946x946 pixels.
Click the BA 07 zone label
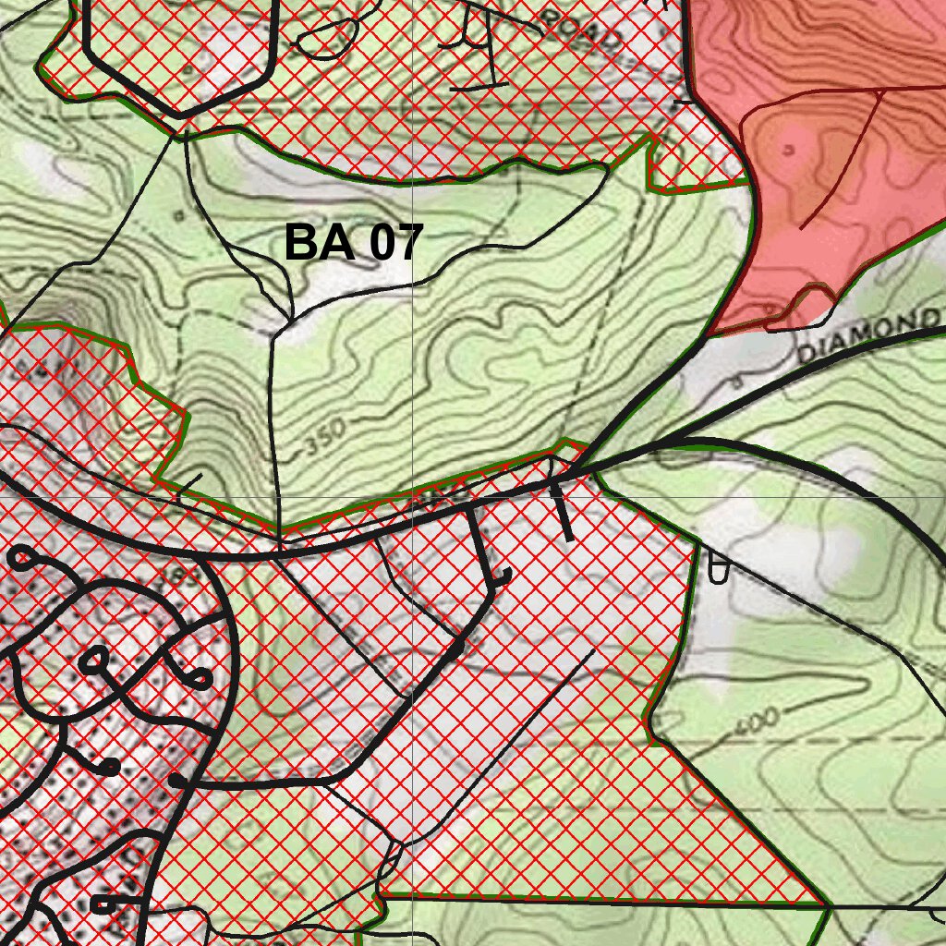353,243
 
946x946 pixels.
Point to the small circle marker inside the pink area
788,148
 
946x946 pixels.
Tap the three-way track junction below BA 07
292,319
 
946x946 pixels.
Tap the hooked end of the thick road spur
503,577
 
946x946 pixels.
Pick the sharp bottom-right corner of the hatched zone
821,903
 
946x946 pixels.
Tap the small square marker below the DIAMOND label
736,380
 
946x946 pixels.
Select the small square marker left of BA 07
176,213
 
